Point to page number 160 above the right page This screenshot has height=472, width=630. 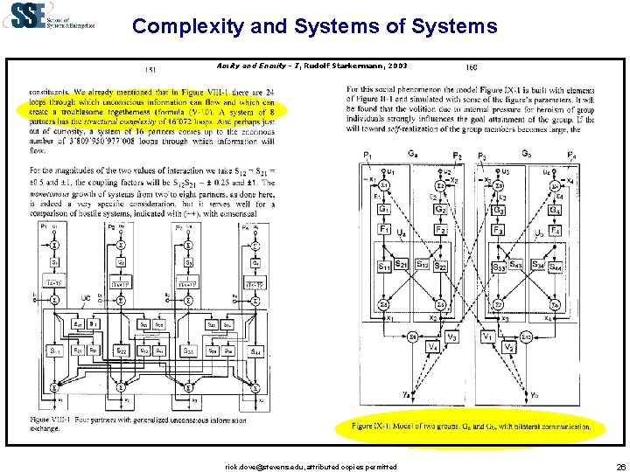(x=472, y=68)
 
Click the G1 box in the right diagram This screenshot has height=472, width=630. (x=384, y=210)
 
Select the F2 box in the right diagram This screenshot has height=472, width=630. (x=442, y=230)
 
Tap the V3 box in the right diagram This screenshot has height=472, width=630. (x=451, y=337)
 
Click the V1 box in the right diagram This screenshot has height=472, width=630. (x=487, y=337)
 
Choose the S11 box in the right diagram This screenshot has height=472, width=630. (x=385, y=266)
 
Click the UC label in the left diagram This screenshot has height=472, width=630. (x=86, y=298)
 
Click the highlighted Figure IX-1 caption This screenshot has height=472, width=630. (x=465, y=426)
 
